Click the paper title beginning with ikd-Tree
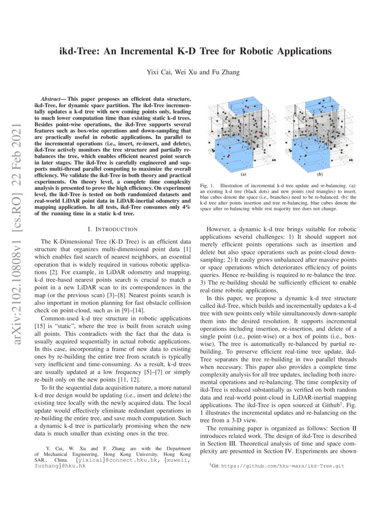[x=195, y=50]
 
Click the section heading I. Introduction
[x=112, y=229]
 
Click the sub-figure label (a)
[x=243, y=175]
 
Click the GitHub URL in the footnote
[x=282, y=466]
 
